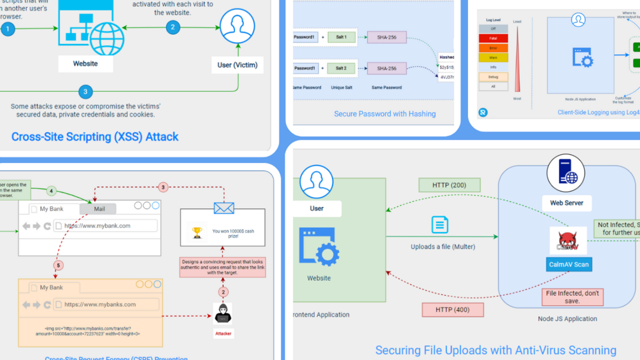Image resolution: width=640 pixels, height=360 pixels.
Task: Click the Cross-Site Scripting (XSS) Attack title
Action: click(95, 136)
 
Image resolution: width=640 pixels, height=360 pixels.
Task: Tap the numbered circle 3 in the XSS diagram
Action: click(85, 92)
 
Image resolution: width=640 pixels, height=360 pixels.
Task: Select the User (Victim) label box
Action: click(238, 65)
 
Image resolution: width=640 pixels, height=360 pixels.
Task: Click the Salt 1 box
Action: click(341, 37)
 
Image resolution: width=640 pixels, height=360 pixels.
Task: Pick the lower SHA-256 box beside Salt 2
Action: click(387, 68)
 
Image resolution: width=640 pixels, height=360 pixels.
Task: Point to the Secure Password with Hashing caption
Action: click(385, 114)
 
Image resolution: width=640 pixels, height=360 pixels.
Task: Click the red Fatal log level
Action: click(494, 38)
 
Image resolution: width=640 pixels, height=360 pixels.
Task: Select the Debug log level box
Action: click(494, 77)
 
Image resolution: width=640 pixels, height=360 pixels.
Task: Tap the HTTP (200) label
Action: click(450, 185)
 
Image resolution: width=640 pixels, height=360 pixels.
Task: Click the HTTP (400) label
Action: click(453, 310)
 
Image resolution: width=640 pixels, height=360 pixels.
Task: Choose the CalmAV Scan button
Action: click(569, 264)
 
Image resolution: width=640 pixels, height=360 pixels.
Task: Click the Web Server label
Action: click(566, 203)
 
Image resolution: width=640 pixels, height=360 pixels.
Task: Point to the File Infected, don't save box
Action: click(572, 297)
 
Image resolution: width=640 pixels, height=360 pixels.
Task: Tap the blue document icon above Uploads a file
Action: click(440, 225)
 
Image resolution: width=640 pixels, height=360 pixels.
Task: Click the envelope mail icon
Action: click(224, 208)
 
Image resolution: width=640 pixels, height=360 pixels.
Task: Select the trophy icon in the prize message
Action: click(197, 233)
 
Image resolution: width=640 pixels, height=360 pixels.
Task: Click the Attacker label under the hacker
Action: click(223, 333)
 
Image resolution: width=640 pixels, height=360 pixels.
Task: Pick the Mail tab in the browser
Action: click(98, 208)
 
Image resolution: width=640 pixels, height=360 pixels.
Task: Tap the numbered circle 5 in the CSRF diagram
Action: click(58, 265)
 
